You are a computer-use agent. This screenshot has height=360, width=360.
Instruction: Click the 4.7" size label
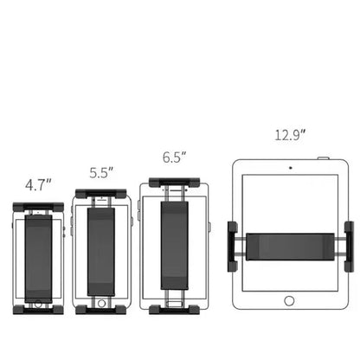point(38,185)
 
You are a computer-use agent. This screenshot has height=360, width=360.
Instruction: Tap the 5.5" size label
point(101,172)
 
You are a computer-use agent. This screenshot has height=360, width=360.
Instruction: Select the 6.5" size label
point(174,157)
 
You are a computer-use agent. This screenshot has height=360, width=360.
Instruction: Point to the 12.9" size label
point(290,135)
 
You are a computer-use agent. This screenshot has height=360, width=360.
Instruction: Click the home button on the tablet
point(289,300)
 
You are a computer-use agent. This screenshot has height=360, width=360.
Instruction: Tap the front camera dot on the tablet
point(291,168)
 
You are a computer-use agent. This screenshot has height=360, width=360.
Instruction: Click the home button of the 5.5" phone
point(101,303)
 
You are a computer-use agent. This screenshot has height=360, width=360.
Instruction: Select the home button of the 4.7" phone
point(38,304)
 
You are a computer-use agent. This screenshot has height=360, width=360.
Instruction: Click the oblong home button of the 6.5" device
point(175,304)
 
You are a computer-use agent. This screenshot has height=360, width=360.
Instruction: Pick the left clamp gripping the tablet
point(233,247)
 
